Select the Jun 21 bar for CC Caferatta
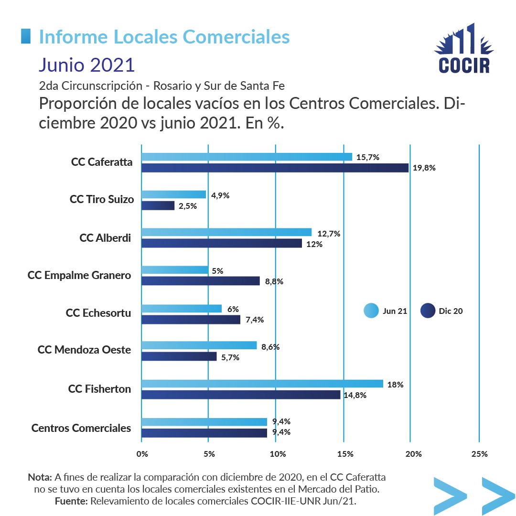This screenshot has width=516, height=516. pos(247,157)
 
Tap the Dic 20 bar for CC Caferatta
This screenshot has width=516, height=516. pos(275,168)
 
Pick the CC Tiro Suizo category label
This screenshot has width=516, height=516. pos(102,199)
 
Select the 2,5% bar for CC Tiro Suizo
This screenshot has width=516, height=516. pos(158,205)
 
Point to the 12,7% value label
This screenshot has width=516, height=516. pos(329,234)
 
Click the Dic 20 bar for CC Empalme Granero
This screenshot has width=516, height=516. pos(201,281)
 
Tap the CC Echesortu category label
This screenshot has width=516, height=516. pos(98,313)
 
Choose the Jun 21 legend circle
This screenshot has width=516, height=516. pos(371,311)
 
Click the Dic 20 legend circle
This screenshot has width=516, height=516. pos(428,311)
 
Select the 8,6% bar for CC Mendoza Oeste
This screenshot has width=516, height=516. pos(199,345)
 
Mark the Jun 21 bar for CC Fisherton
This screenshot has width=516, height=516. pos(262,384)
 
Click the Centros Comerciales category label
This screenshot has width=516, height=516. pos(81,428)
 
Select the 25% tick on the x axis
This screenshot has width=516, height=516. pos(479,454)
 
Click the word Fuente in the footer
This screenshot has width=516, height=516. pos(71,501)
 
